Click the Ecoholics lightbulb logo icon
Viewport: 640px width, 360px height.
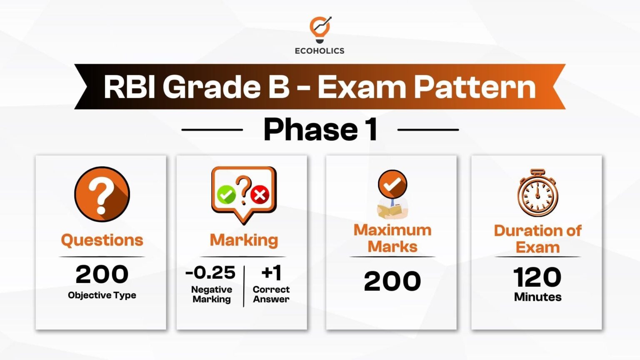(x=320, y=29)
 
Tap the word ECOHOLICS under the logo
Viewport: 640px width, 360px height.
(x=320, y=51)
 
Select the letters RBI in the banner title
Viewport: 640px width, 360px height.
(x=129, y=87)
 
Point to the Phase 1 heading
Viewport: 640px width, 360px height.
(x=320, y=130)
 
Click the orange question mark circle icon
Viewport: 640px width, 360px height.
(x=102, y=194)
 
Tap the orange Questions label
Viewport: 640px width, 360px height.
(x=102, y=240)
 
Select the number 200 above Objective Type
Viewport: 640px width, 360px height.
(x=102, y=274)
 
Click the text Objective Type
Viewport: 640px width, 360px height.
(x=102, y=295)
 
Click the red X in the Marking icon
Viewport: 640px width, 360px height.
(x=260, y=195)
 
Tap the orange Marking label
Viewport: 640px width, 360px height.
(x=244, y=240)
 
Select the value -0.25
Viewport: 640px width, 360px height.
(x=211, y=273)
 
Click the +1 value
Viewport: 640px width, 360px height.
(x=271, y=273)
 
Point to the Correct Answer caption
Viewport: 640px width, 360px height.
(x=271, y=294)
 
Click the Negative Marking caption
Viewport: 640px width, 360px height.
(x=212, y=294)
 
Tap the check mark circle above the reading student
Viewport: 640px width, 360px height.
(x=392, y=184)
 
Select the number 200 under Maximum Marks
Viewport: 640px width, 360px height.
(x=392, y=281)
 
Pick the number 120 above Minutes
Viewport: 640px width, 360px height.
(x=537, y=277)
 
